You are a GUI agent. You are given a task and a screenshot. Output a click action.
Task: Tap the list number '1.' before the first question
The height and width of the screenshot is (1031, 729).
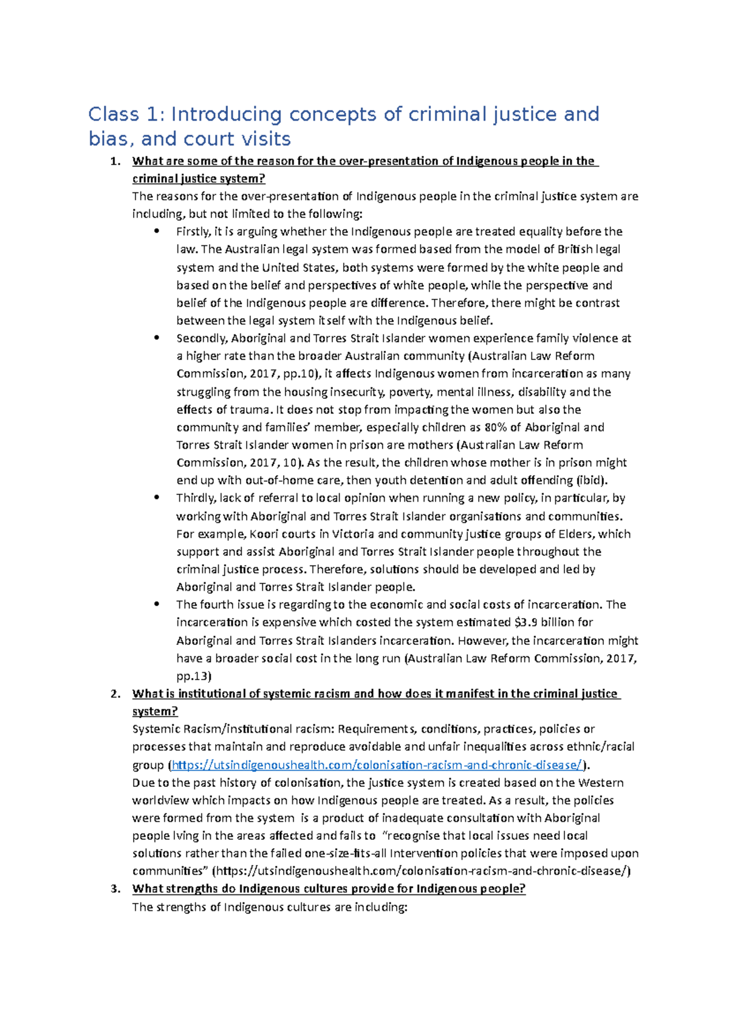[x=115, y=162]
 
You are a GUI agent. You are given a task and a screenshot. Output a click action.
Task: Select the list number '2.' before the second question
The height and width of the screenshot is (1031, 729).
[x=115, y=694]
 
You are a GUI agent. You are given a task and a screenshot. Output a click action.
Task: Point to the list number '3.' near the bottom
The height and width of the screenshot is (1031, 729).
[x=115, y=889]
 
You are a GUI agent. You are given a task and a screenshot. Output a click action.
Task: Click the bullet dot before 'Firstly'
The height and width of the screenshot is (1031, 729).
[x=157, y=231]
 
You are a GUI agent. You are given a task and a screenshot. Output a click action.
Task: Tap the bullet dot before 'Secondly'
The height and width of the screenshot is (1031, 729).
[x=157, y=338]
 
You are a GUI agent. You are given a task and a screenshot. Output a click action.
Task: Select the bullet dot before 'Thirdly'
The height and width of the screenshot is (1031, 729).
[x=157, y=498]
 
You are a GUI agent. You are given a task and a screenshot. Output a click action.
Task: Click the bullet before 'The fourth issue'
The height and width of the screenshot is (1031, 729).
[x=157, y=605]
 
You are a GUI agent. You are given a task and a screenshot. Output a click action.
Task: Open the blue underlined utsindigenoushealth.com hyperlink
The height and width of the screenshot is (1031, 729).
[x=377, y=765]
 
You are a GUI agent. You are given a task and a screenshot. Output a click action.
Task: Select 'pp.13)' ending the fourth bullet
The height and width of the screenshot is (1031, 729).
[x=194, y=676]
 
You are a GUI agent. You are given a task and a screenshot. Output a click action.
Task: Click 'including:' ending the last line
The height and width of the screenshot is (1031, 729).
[x=381, y=907]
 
